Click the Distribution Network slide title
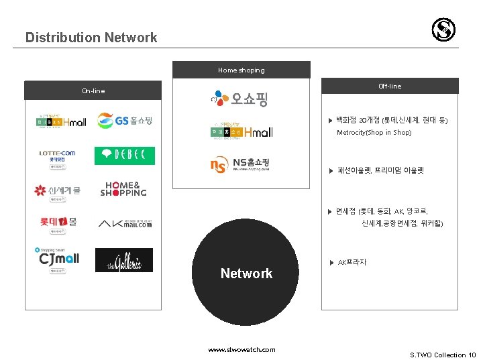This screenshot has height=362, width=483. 91,38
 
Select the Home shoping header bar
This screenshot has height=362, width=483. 241,70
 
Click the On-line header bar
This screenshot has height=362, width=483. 93,90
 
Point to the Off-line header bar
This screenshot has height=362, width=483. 390,86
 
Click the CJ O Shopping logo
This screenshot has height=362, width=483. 238,99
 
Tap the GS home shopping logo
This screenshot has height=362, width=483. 125,121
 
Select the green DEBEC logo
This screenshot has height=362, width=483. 125,156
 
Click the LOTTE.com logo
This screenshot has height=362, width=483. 57,156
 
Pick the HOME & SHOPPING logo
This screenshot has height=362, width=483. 123,189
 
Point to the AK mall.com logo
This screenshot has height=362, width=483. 125,223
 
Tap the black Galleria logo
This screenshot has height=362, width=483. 124,260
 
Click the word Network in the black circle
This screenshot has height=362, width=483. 246,274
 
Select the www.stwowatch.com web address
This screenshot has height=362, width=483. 241,349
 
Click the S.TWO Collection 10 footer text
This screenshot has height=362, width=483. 443,355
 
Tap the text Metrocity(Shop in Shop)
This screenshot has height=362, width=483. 374,133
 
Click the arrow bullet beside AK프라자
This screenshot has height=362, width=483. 331,263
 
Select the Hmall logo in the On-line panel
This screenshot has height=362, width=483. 60,121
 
